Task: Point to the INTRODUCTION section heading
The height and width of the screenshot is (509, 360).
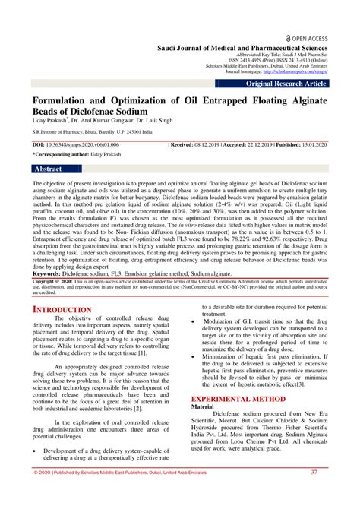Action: pos(62,310)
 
